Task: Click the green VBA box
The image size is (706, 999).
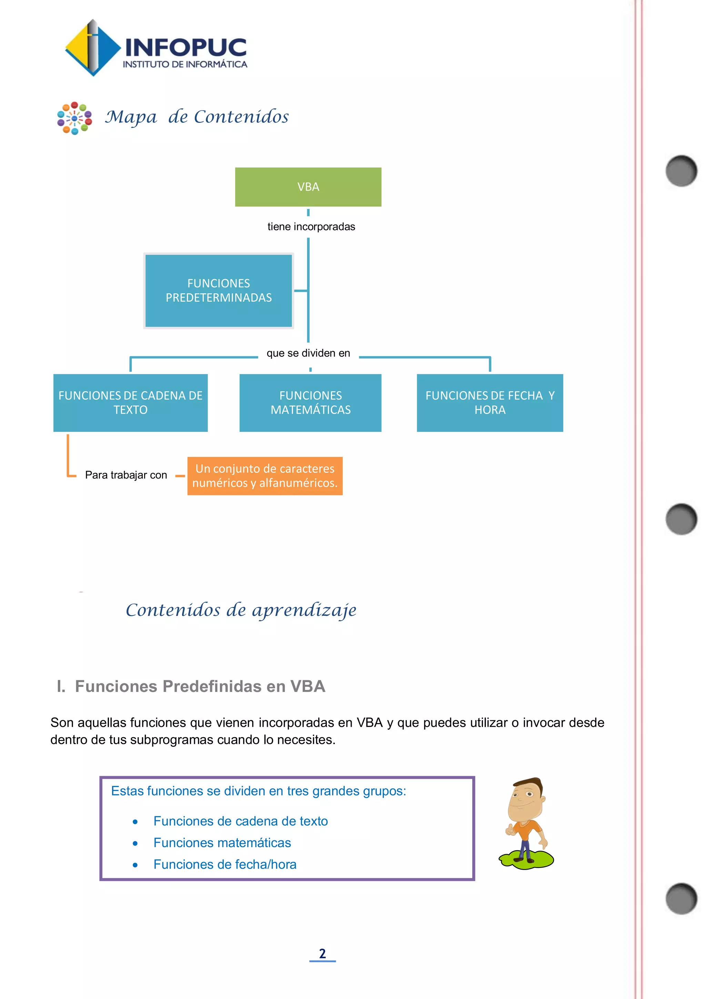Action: (x=308, y=187)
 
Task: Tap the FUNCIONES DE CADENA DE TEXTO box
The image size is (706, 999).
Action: (x=130, y=403)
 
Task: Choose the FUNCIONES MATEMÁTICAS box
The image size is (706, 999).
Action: (x=310, y=403)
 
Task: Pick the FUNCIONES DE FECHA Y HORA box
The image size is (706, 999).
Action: (x=490, y=403)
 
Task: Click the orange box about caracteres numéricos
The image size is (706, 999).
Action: (x=265, y=476)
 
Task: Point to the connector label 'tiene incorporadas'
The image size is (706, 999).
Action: (x=311, y=227)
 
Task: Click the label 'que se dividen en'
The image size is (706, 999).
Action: (x=308, y=353)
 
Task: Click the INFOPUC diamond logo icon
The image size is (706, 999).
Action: (x=92, y=48)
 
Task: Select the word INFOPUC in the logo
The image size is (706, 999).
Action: (x=185, y=47)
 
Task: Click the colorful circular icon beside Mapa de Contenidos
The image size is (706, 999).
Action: (x=74, y=118)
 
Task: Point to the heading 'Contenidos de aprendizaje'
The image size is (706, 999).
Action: (x=241, y=610)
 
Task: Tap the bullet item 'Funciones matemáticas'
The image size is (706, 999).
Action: (x=222, y=843)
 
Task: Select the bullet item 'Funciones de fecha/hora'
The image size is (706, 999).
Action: (x=225, y=864)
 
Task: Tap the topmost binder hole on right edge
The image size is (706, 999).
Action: (x=681, y=170)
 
